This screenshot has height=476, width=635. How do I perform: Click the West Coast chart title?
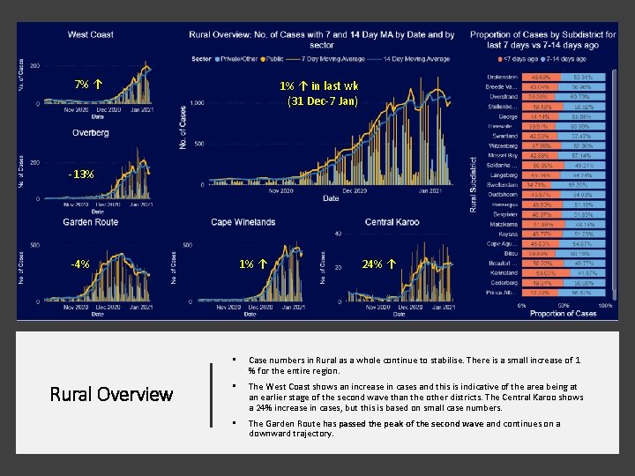click(x=91, y=34)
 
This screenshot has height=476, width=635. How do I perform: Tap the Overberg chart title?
click(x=91, y=133)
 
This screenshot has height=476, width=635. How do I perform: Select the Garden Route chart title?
click(x=90, y=222)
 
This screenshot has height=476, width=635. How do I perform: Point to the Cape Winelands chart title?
click(x=243, y=222)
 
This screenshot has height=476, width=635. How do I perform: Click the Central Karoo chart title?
click(x=391, y=222)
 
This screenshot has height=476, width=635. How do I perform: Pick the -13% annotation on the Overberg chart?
click(x=80, y=174)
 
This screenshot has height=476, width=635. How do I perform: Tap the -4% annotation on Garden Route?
click(x=80, y=264)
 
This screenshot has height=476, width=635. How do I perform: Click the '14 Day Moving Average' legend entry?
click(x=418, y=59)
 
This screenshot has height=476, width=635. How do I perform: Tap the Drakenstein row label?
click(x=498, y=77)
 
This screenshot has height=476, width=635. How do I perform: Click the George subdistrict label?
click(x=507, y=115)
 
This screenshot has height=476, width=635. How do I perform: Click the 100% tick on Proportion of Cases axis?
click(x=605, y=305)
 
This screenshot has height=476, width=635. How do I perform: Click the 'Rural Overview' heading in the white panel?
click(x=110, y=394)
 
